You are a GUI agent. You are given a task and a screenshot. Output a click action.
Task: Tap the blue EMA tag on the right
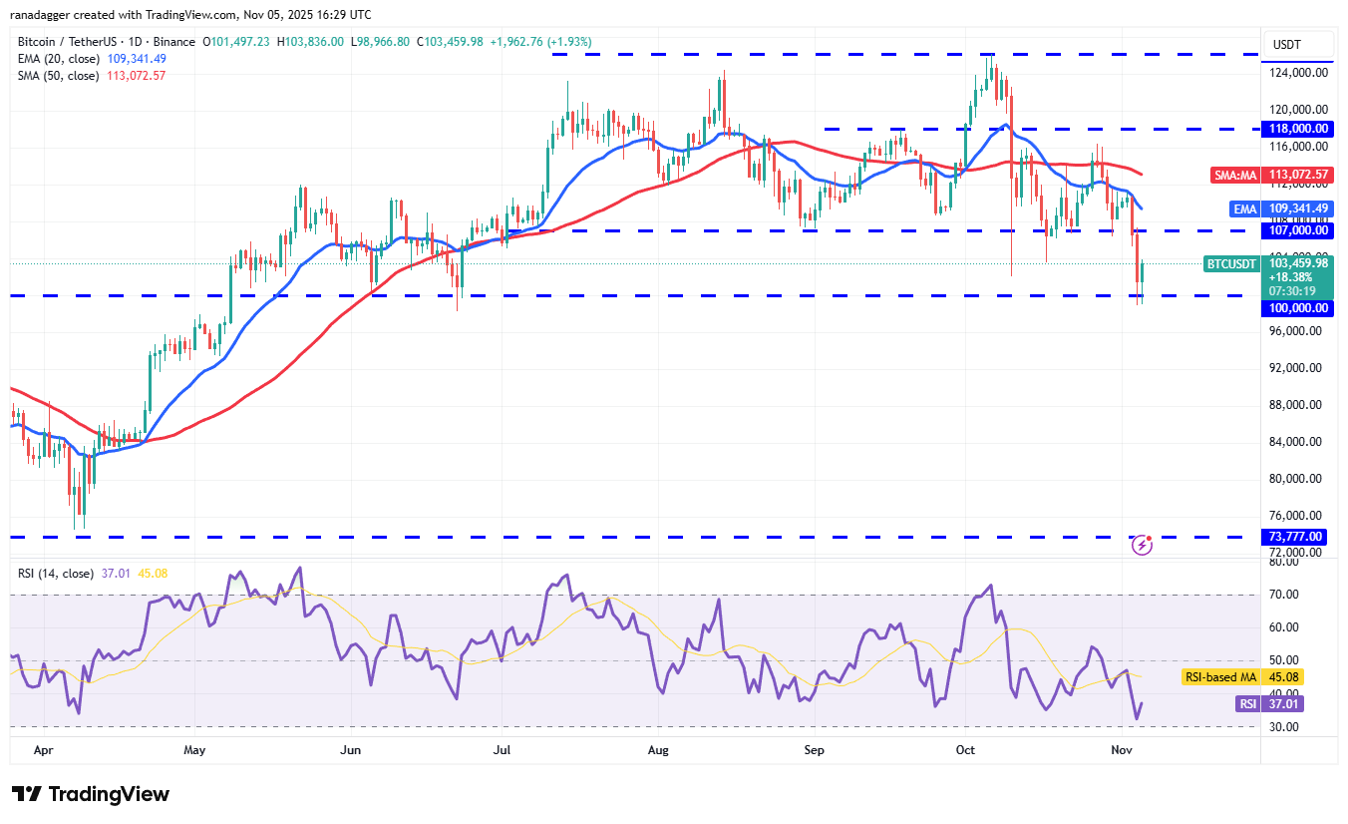[x=1245, y=208]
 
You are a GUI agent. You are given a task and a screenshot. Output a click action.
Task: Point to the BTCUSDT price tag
[x=1232, y=264]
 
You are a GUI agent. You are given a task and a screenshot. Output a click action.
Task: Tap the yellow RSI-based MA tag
[x=1220, y=677]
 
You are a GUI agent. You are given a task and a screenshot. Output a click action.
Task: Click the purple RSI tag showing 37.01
[x=1247, y=704]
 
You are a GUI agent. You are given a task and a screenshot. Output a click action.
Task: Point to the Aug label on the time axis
[x=658, y=749]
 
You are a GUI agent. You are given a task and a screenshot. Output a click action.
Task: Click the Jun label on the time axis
[x=349, y=749]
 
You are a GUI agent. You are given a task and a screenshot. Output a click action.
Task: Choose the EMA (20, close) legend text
[x=59, y=59]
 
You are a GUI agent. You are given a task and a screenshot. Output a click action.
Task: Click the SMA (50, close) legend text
[x=59, y=76]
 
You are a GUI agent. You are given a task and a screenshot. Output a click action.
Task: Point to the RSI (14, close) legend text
[x=56, y=574]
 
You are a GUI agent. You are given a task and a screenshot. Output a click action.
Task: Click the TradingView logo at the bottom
[x=92, y=795]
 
